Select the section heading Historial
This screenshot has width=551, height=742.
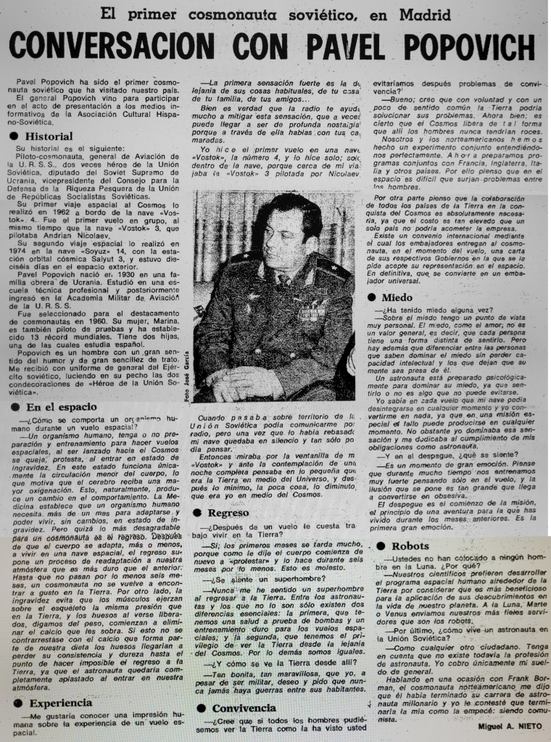coord(49,136)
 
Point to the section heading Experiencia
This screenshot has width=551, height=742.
coord(59,702)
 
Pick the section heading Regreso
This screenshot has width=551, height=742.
coord(228,512)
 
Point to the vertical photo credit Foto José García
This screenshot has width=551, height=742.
coord(187,378)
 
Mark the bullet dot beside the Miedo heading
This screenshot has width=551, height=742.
coord(373,297)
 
